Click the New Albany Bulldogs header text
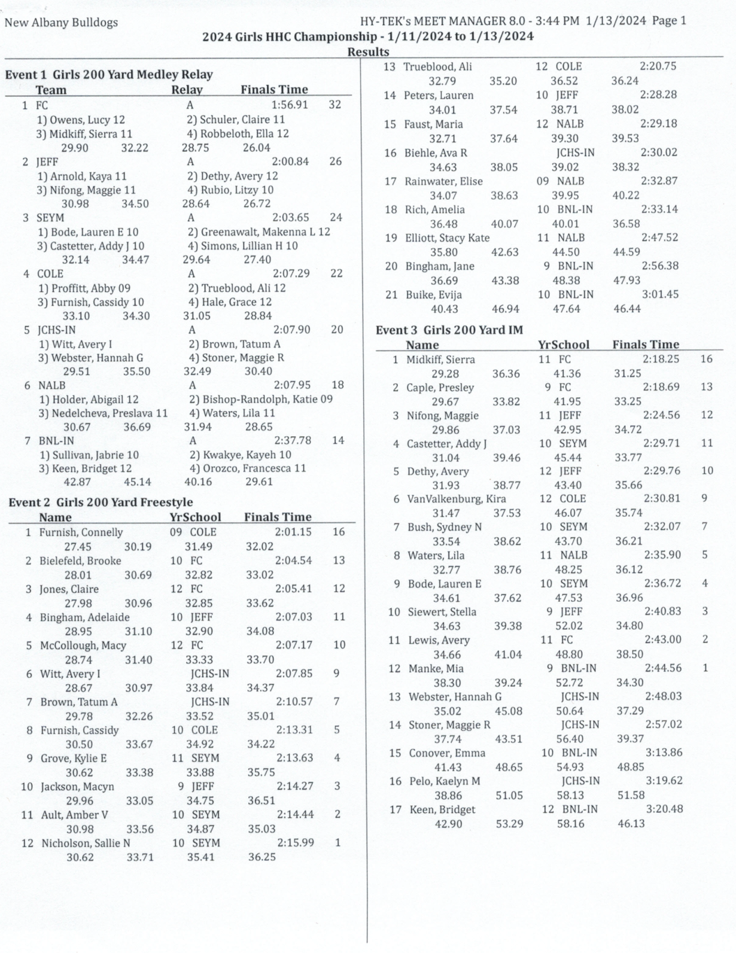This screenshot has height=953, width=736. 61,23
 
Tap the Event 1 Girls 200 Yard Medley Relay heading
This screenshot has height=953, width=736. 109,75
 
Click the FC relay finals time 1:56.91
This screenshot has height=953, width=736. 290,105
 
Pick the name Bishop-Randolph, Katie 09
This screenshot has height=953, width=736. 260,399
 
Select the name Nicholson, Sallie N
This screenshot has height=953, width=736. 86,844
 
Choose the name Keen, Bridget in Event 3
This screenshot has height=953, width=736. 442,809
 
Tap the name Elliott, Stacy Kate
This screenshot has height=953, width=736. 446,238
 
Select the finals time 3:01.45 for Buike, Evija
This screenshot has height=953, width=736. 661,295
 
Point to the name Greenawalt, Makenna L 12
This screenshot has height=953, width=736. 258,232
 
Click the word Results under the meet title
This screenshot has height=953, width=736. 368,52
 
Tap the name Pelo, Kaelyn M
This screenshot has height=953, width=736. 445,781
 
